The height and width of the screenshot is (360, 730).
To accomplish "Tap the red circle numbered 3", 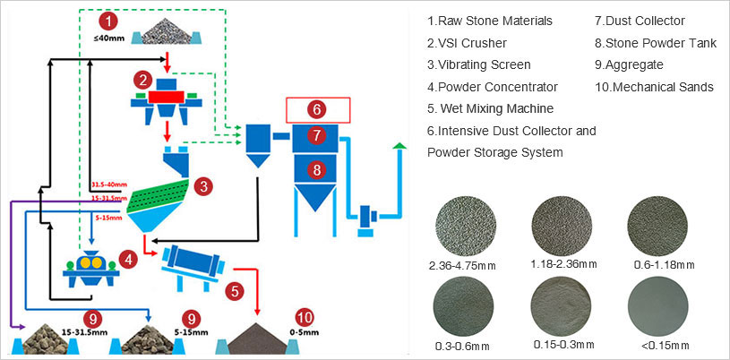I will click(205, 186).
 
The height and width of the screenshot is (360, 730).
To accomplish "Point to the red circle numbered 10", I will click(305, 317).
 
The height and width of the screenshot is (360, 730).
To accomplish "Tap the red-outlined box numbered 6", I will click(316, 110).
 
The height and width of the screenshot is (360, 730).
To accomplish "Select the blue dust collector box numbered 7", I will click(316, 136).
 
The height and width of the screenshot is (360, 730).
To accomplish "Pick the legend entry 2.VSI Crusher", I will click(467, 43).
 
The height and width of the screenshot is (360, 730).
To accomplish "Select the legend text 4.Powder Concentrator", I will click(493, 87).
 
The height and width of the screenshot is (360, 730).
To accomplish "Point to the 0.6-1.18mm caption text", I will click(660, 266).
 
